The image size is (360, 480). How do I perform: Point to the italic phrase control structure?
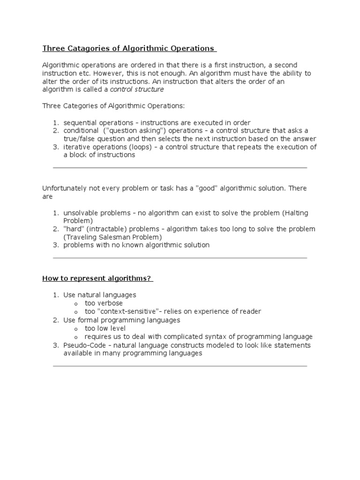(x=137, y=90)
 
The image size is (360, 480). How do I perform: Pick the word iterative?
(x=76, y=147)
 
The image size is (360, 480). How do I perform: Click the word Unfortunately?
(x=64, y=188)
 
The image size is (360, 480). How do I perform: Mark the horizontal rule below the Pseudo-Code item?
(x=180, y=366)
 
